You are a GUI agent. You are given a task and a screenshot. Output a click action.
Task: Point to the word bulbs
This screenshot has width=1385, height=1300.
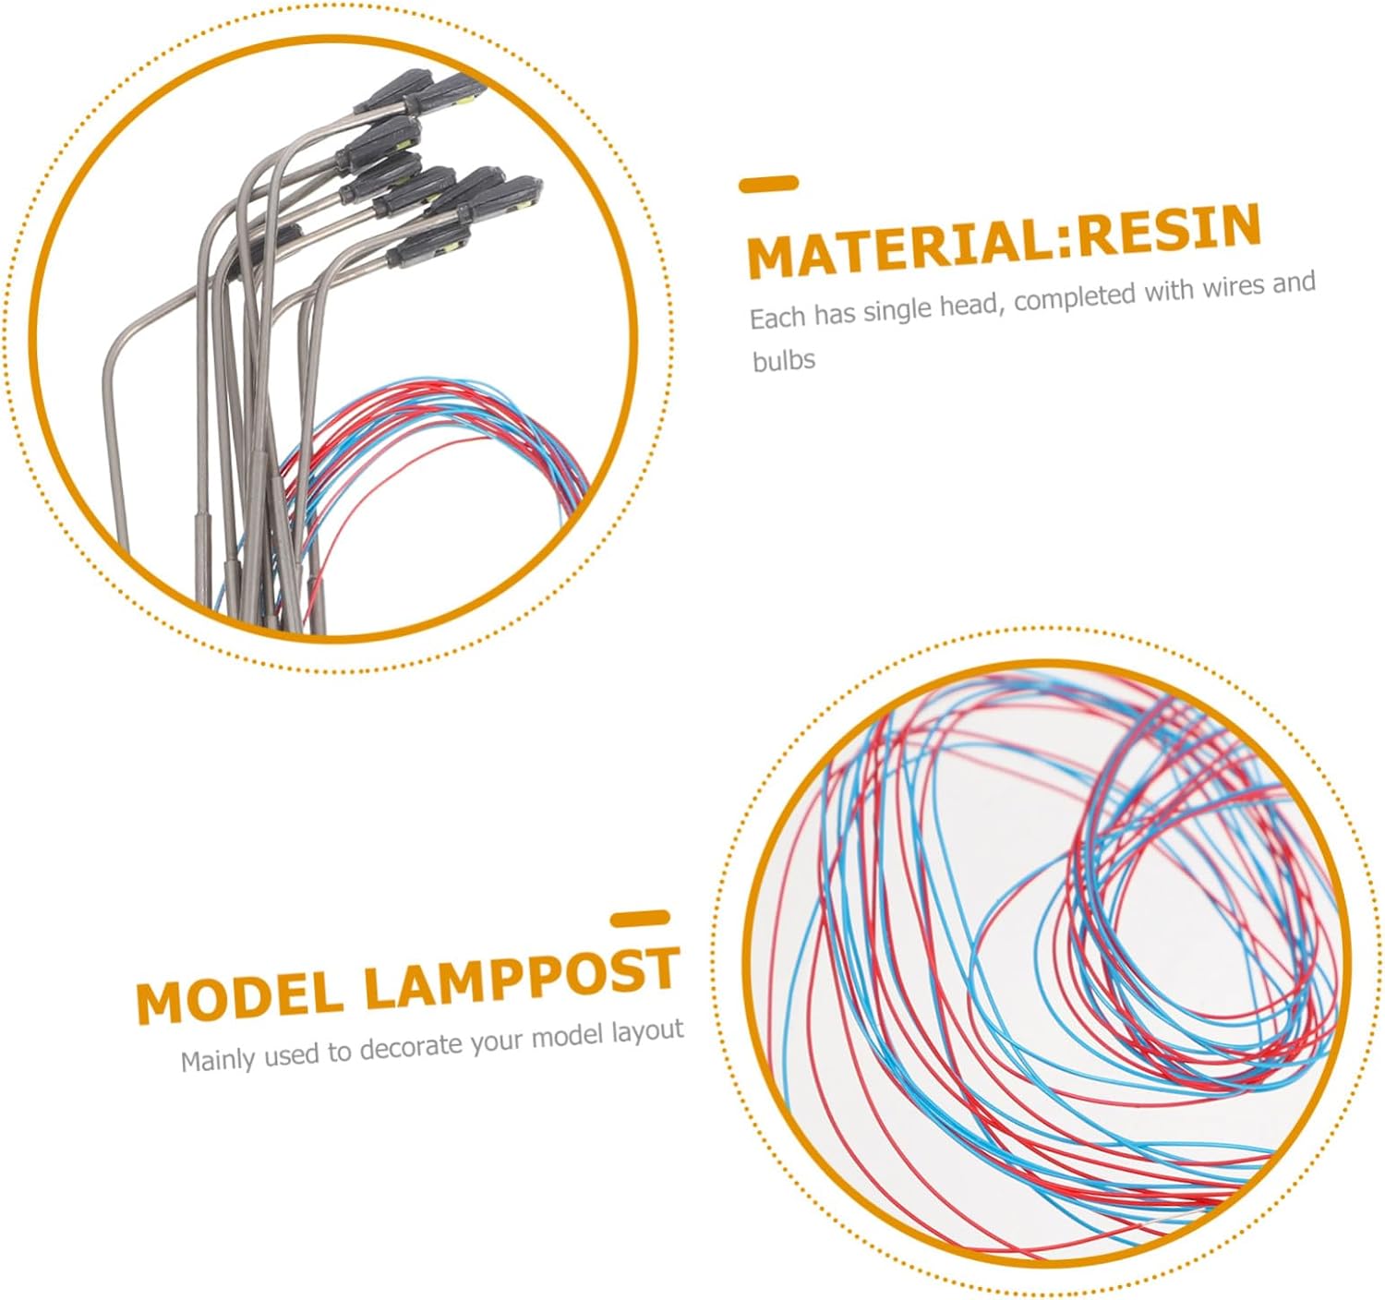[x=784, y=361]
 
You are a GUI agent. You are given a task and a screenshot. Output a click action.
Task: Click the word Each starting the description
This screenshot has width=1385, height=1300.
[x=778, y=318]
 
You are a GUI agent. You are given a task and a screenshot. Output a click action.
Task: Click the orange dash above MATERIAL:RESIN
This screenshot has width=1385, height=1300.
[x=768, y=184]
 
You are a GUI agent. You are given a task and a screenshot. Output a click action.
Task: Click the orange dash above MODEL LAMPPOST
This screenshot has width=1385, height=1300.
[x=640, y=919]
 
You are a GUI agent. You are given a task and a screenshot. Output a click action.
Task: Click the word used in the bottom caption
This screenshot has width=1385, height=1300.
[x=295, y=1056]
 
